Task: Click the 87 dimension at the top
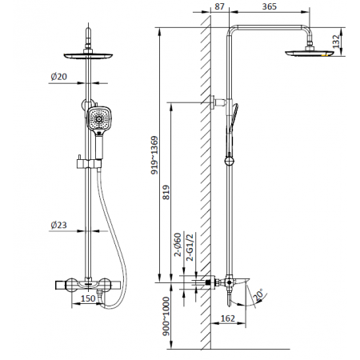219,6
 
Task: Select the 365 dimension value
270,6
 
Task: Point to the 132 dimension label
336,42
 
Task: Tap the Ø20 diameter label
58,77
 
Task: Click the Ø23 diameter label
58,225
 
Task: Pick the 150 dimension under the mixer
88,298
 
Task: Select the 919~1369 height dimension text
154,155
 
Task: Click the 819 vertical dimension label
166,193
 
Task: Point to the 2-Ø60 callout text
178,245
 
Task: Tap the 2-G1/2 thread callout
190,246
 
